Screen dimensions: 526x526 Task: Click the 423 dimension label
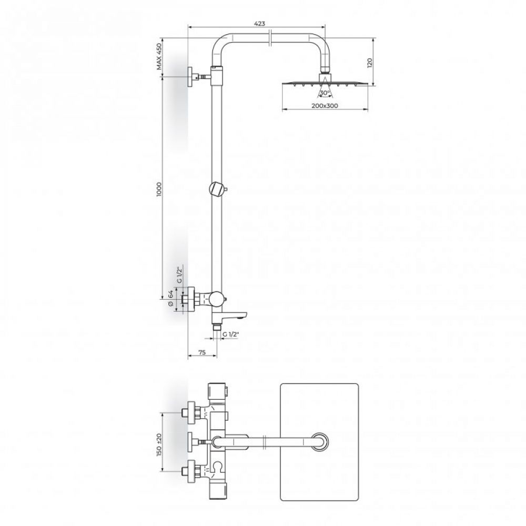(260, 24)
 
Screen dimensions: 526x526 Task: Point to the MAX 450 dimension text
(159, 56)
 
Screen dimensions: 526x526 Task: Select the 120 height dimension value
(370, 63)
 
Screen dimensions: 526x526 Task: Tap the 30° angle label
(325, 93)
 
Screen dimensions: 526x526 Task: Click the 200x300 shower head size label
(325, 106)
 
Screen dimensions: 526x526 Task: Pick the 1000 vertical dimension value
(159, 189)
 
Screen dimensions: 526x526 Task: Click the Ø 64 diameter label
(170, 299)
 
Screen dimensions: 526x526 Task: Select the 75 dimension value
(202, 352)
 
